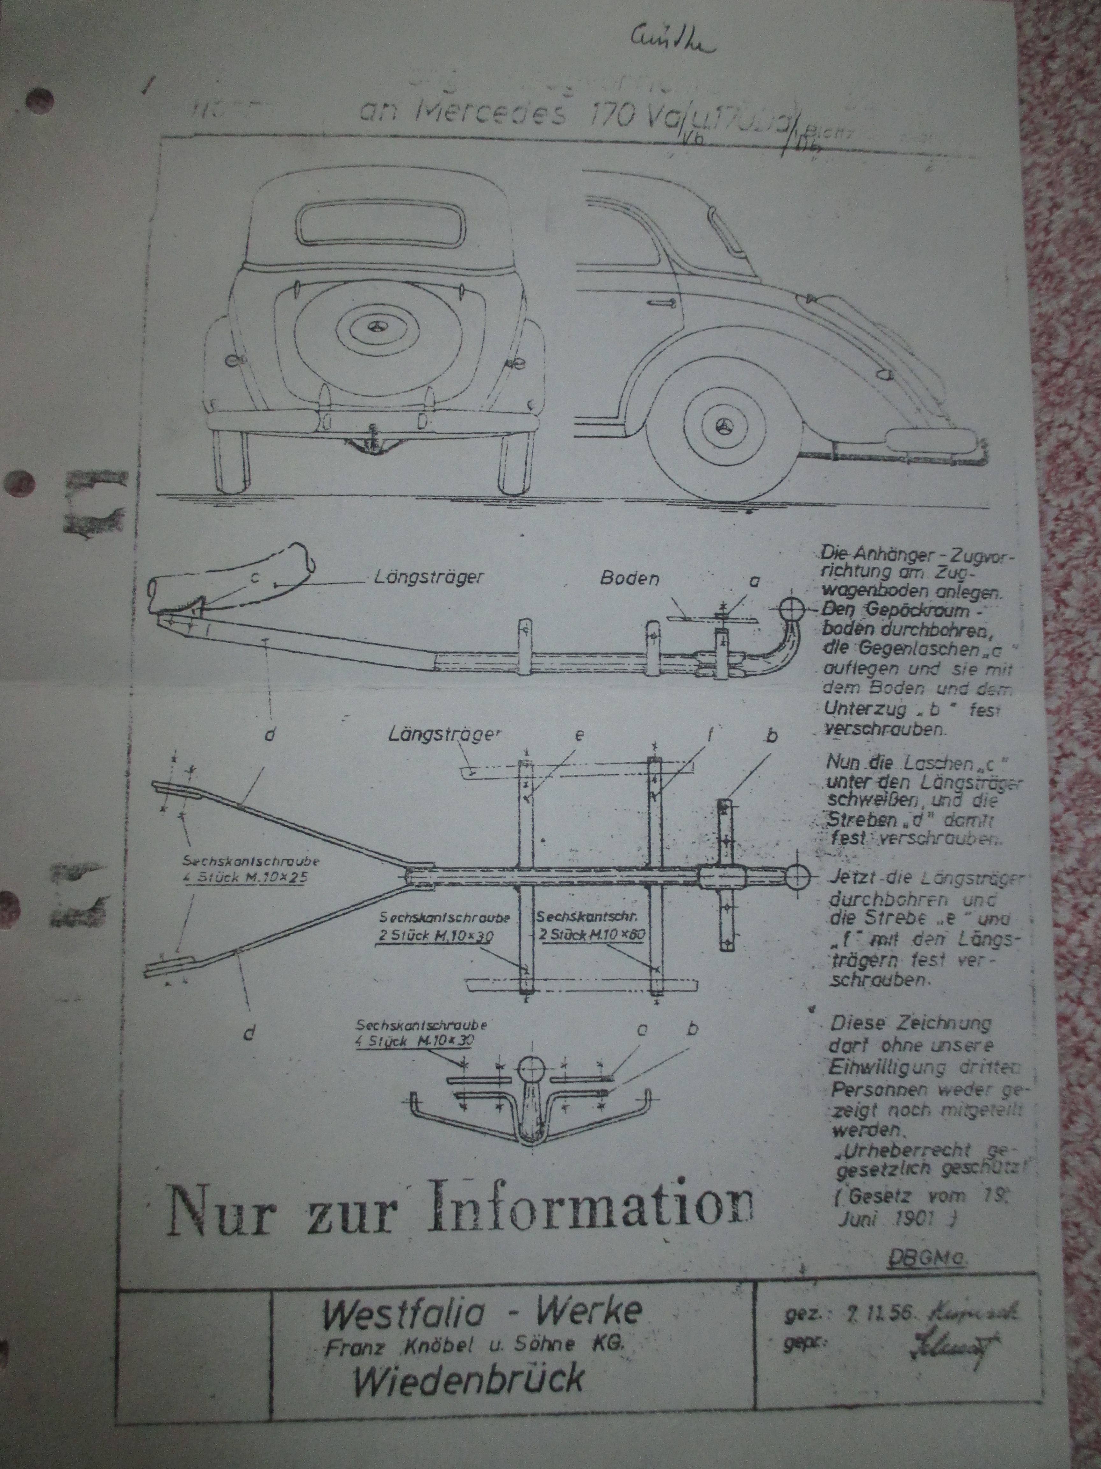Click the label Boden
tap(629, 578)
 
